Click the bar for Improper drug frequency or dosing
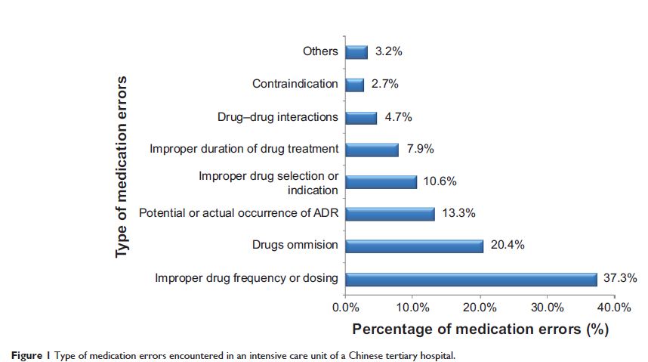pyautogui.click(x=471, y=278)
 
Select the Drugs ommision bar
pyautogui.click(x=414, y=246)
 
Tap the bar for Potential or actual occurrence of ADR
pyautogui.click(x=390, y=213)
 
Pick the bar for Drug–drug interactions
pyautogui.click(x=361, y=117)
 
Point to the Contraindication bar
pyautogui.click(x=354, y=84)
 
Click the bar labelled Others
pyautogui.click(x=356, y=51)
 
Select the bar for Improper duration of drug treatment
pyautogui.click(x=372, y=149)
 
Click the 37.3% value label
pyautogui.click(x=620, y=278)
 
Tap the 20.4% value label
pyautogui.click(x=507, y=246)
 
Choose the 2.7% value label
pyautogui.click(x=384, y=84)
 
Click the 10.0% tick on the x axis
pyautogui.click(x=412, y=308)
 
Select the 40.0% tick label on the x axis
pyautogui.click(x=615, y=308)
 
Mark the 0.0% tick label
pyautogui.click(x=345, y=308)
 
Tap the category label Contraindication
pyautogui.click(x=295, y=84)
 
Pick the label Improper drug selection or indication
pyautogui.click(x=269, y=183)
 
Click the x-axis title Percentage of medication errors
pyautogui.click(x=480, y=330)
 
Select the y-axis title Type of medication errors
pyautogui.click(x=122, y=166)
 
